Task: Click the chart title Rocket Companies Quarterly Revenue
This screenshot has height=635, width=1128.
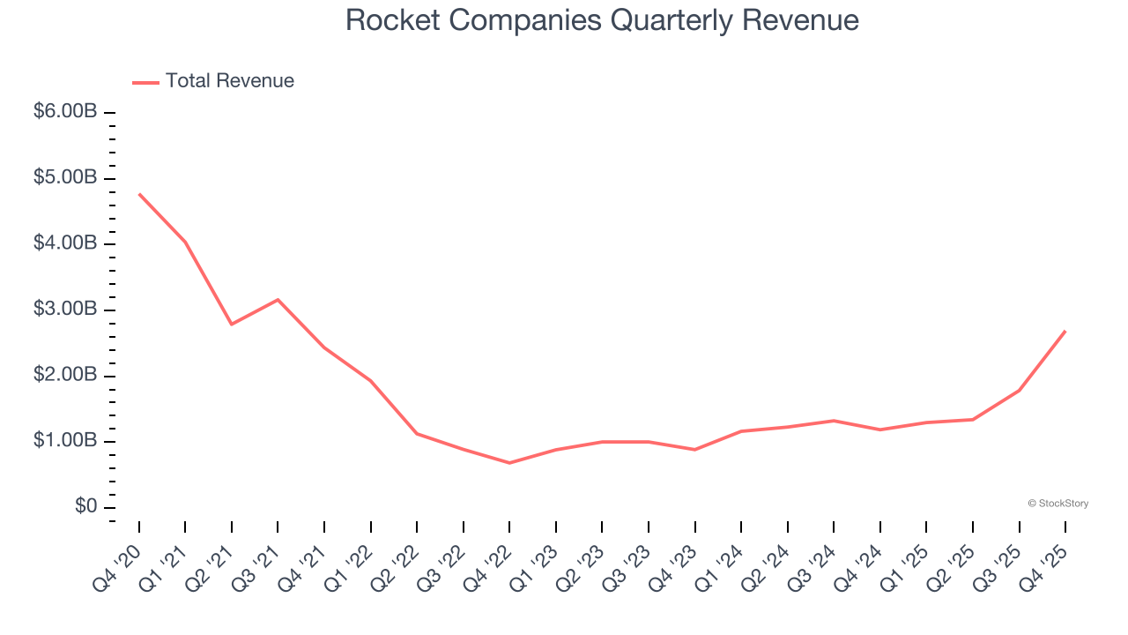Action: click(x=602, y=19)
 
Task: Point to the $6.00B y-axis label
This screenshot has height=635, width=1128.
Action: click(x=65, y=112)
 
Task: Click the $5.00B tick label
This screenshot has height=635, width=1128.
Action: click(x=65, y=178)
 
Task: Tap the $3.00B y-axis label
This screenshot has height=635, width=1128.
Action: click(x=65, y=310)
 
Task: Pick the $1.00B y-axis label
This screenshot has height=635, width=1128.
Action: click(x=65, y=441)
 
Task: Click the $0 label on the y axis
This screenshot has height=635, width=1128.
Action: click(x=85, y=507)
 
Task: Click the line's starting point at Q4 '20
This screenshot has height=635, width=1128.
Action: click(x=139, y=194)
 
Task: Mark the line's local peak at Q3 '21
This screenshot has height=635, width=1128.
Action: click(x=278, y=300)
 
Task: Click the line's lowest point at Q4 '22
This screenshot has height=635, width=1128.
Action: click(x=510, y=463)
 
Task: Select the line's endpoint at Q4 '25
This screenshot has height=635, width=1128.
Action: click(x=1065, y=331)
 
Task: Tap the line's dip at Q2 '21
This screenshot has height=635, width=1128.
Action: click(x=232, y=325)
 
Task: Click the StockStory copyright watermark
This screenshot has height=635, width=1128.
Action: click(x=1057, y=504)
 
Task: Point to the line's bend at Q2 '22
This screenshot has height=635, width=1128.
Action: click(x=417, y=433)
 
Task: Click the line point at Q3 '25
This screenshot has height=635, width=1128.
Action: click(x=1020, y=390)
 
